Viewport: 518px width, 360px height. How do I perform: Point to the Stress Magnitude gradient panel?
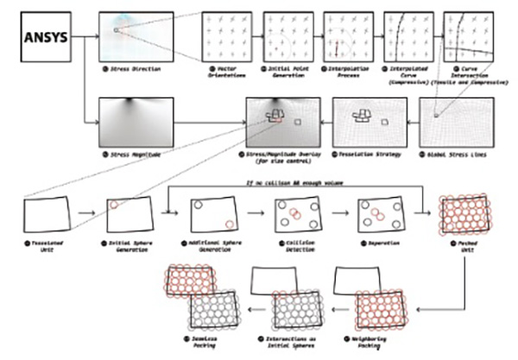coord(136,121)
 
